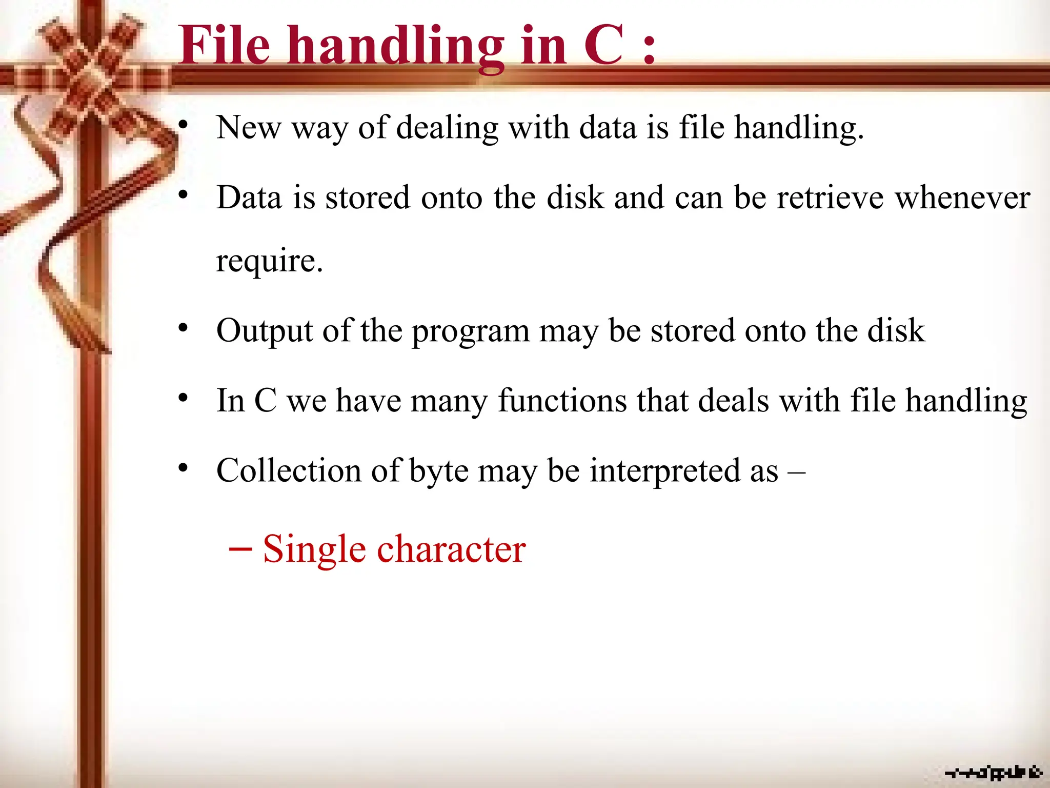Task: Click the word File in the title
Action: [x=225, y=46]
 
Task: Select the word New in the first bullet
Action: [x=249, y=127]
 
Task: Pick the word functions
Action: [x=562, y=401]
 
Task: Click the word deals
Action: [x=734, y=401]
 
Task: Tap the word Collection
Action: [x=289, y=470]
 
